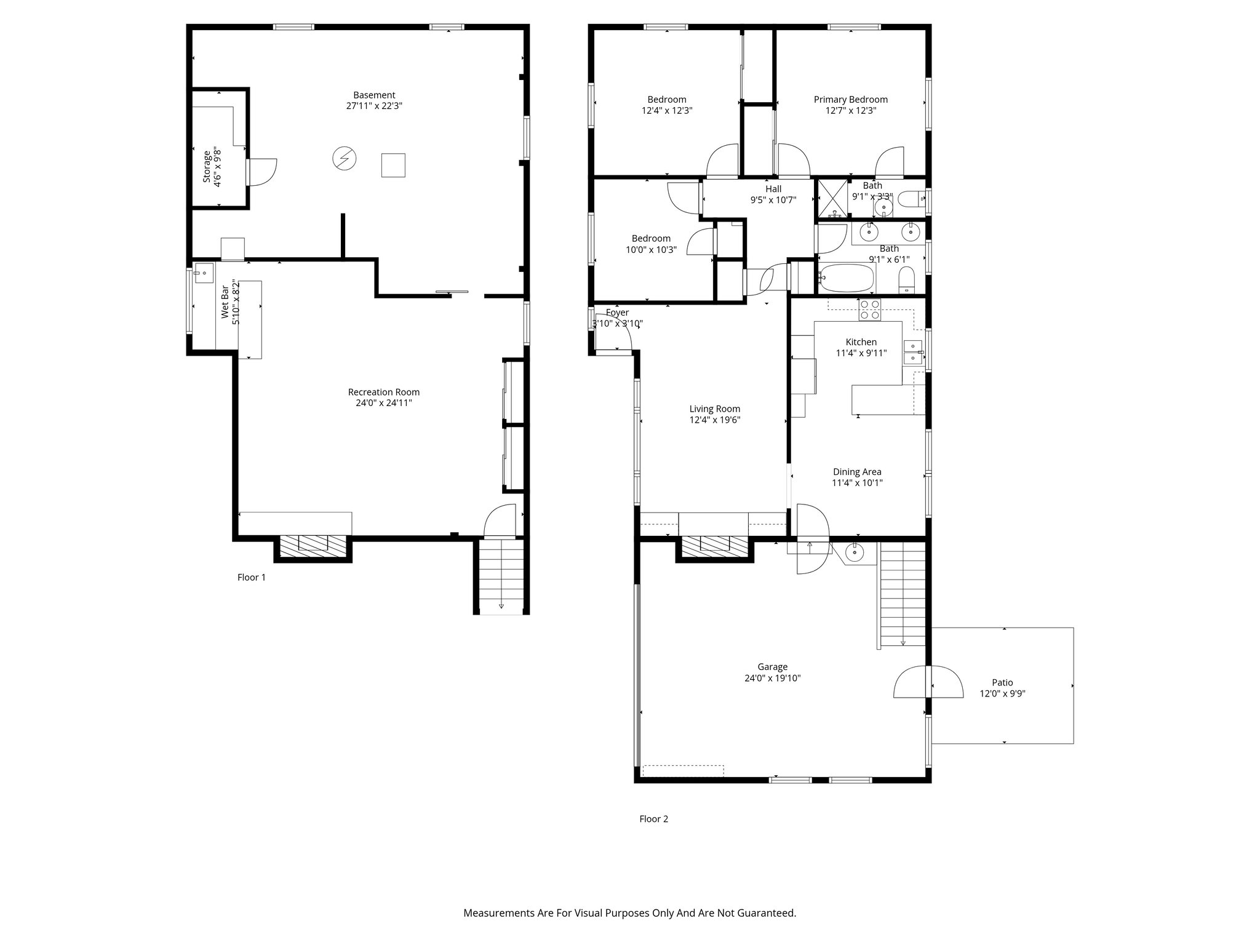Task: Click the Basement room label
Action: pos(374,95)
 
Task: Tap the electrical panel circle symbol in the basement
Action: pos(344,159)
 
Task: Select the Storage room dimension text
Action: pos(217,167)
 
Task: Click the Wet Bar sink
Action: pos(204,273)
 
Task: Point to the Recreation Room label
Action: pos(383,393)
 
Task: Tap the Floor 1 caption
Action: pos(252,578)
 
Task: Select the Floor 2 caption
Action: pos(653,819)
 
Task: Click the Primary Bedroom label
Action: pos(850,100)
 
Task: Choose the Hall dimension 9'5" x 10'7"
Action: pos(773,200)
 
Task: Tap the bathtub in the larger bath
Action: pos(845,278)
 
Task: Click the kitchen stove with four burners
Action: pos(870,309)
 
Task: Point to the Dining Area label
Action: pos(857,472)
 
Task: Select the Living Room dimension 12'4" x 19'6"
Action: pos(714,420)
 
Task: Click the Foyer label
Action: pos(617,313)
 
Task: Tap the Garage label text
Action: pos(772,667)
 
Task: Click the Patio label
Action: pos(1002,682)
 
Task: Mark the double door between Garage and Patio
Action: pos(928,682)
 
